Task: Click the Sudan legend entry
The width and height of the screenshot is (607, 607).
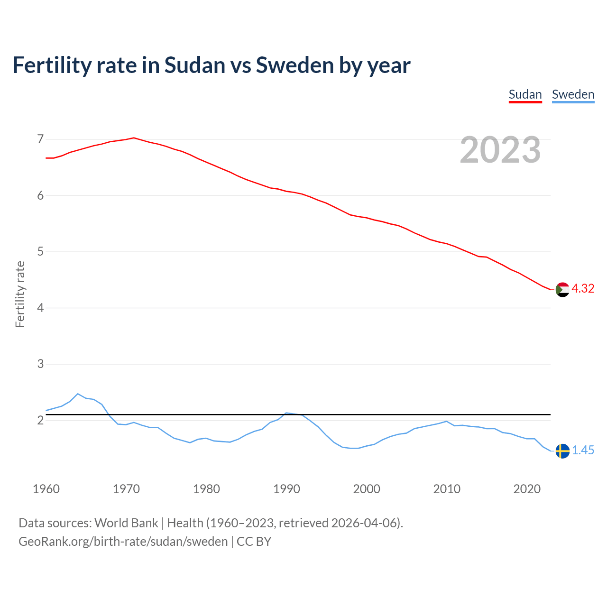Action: [525, 94]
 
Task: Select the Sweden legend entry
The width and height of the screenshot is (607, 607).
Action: [573, 94]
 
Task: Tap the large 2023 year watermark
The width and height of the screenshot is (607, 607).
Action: [500, 150]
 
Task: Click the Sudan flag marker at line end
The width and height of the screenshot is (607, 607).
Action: [562, 289]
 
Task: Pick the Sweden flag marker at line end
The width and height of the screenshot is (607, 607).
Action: [562, 451]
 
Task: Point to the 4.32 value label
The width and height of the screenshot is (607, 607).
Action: [583, 288]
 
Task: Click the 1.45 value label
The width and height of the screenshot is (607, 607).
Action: [583, 450]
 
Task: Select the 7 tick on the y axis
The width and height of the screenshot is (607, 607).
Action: [40, 139]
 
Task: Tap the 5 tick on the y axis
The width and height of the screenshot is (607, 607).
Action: [40, 251]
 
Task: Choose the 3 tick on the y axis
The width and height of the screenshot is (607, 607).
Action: [40, 364]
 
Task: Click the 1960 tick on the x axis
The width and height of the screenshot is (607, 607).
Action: [46, 489]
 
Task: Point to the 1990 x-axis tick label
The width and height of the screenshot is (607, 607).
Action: [286, 489]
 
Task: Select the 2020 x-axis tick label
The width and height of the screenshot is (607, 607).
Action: [527, 489]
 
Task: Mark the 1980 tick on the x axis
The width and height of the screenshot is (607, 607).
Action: [206, 489]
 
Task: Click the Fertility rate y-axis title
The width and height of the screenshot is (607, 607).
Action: [20, 294]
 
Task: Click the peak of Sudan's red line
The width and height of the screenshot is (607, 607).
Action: [134, 138]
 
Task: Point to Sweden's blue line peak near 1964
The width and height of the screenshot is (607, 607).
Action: [78, 394]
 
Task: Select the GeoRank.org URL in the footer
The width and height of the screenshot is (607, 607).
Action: [123, 541]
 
